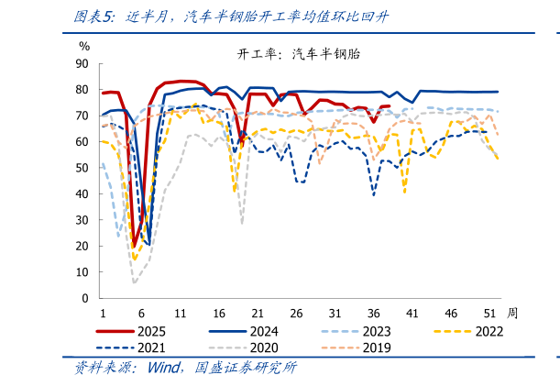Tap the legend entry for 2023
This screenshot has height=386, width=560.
pos(376,331)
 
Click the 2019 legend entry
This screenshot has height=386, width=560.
pos(376,347)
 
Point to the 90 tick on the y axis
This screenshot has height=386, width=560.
pos(82,64)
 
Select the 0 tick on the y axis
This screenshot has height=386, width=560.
pos(85,299)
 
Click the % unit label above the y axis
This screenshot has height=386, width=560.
pos(84,46)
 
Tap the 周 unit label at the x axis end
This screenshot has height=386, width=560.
pos(512,313)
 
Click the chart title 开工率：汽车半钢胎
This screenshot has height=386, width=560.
pos(299,54)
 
